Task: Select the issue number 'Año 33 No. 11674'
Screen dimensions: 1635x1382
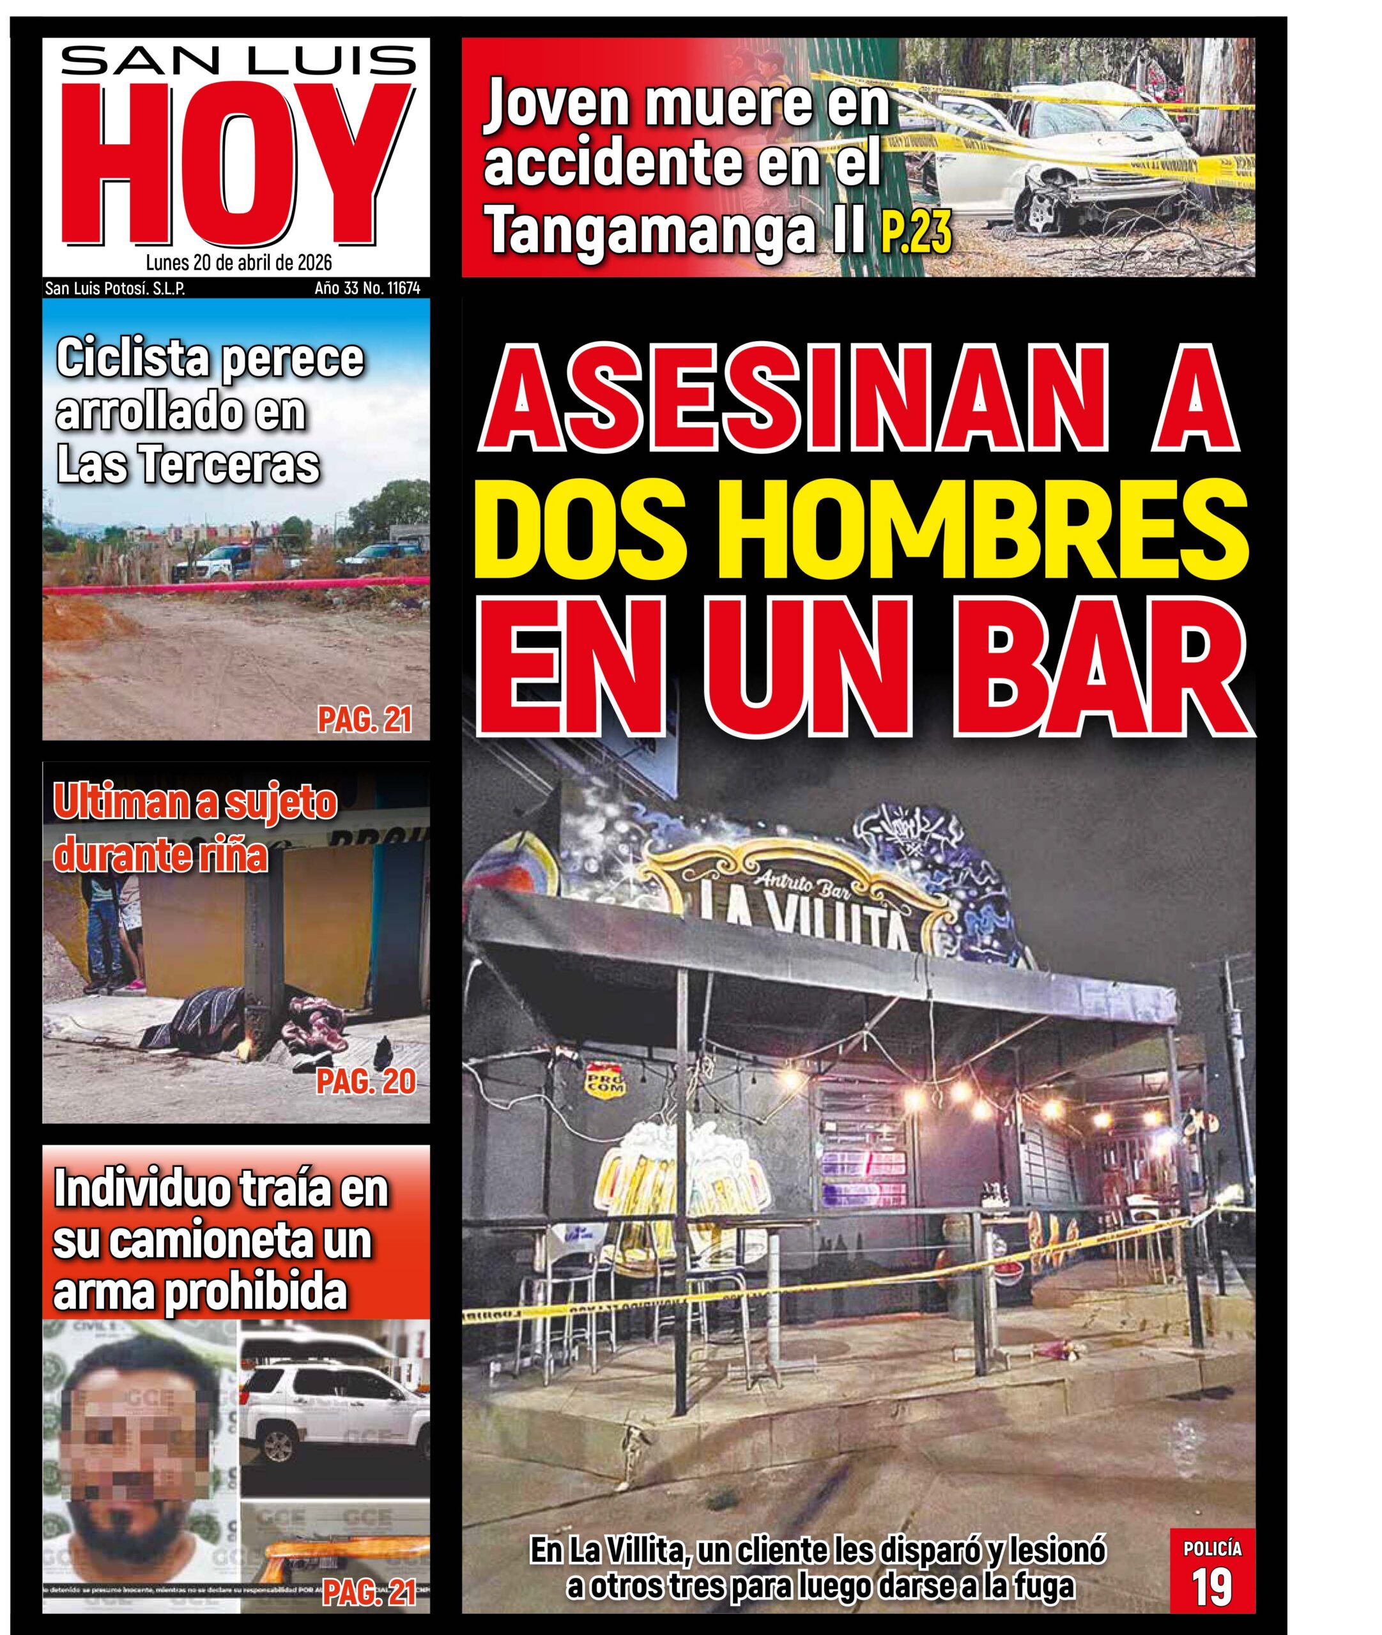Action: [367, 289]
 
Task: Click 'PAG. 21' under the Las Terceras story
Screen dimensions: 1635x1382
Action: [364, 720]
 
